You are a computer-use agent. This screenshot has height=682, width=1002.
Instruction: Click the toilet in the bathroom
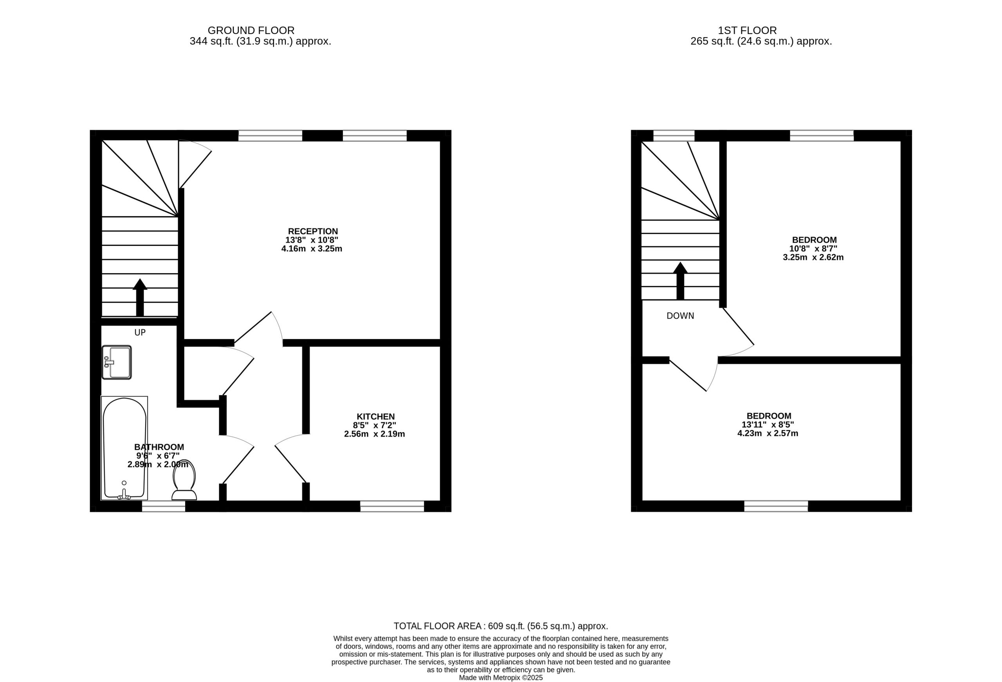tap(184, 480)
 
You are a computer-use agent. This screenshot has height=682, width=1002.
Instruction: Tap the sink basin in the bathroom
tap(116, 363)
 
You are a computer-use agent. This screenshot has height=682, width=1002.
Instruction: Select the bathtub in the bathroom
tap(124, 448)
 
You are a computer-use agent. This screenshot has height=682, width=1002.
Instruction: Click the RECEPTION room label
tap(313, 231)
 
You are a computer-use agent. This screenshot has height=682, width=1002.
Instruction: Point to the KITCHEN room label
tap(375, 417)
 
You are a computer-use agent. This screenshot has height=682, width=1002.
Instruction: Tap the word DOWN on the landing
tap(680, 316)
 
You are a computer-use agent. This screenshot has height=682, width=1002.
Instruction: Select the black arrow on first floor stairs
tap(680, 281)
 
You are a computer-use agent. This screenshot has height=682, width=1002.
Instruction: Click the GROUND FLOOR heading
tap(251, 31)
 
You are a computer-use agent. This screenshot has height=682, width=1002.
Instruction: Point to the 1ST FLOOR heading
tap(747, 31)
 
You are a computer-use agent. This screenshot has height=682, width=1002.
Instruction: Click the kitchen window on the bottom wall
tap(392, 506)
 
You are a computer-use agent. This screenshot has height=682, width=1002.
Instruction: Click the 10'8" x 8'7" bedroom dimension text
tap(813, 249)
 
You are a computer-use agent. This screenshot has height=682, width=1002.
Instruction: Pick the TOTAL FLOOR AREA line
tap(501, 626)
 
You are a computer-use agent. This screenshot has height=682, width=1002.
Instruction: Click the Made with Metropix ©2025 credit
tap(501, 678)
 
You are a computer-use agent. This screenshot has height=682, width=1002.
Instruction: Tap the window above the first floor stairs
tap(674, 135)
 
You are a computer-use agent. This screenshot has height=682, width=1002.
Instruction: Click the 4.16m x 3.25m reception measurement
tap(312, 249)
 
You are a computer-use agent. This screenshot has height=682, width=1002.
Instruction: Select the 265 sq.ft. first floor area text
tap(761, 41)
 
